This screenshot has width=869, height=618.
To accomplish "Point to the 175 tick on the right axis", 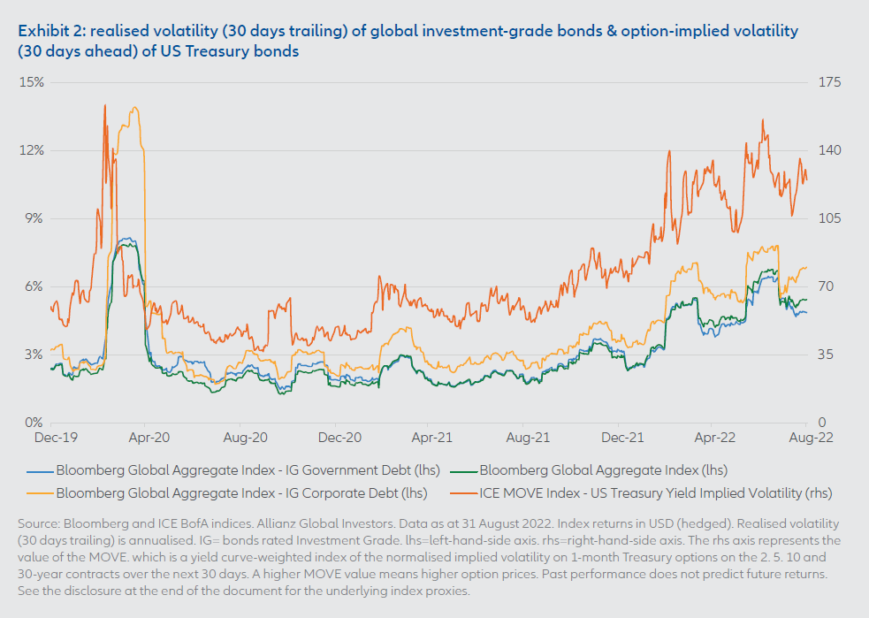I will point(832,82).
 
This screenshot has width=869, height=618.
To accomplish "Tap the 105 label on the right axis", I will point(832,218).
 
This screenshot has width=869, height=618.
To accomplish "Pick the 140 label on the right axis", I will point(832,150).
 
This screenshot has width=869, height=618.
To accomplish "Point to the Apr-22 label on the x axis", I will point(717,437).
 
